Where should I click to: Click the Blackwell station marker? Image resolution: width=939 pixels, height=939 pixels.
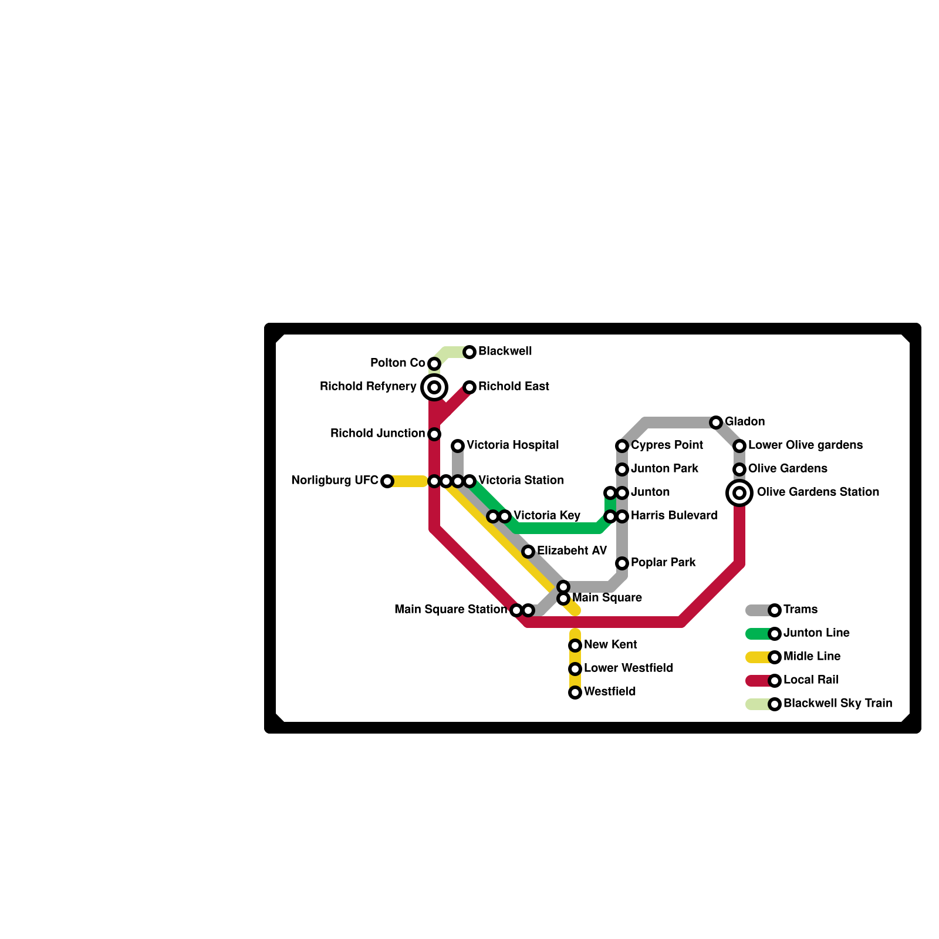click(469, 352)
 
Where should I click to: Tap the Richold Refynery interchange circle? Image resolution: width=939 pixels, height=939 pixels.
click(434, 387)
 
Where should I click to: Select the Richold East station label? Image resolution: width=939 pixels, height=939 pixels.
click(514, 387)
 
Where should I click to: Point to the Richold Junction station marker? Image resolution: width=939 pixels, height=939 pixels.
click(434, 434)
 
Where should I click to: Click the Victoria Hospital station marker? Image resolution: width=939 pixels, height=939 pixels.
click(458, 446)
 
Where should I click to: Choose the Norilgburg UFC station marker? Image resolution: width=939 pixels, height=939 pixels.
click(387, 481)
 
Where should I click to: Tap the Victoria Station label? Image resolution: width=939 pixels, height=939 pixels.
click(521, 481)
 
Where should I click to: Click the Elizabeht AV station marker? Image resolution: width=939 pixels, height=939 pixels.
click(528, 552)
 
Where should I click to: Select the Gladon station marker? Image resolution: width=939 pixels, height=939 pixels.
click(716, 423)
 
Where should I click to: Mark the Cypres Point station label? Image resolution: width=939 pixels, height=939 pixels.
click(667, 445)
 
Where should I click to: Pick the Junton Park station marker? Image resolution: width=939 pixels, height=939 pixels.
click(622, 469)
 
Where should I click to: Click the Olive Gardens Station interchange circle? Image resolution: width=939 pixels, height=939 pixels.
click(739, 493)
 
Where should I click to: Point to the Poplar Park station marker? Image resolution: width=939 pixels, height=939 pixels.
click(622, 563)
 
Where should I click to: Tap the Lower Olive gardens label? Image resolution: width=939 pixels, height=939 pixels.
click(805, 445)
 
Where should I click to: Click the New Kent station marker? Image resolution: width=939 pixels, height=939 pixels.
click(575, 646)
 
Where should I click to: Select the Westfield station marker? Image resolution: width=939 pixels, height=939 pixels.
click(575, 693)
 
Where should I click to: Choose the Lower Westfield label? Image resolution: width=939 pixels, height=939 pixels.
click(629, 668)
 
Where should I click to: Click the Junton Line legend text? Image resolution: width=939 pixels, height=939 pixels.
click(816, 633)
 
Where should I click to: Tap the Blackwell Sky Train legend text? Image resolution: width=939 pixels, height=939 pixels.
click(837, 704)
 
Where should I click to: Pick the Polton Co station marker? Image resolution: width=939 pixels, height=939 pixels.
click(434, 364)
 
